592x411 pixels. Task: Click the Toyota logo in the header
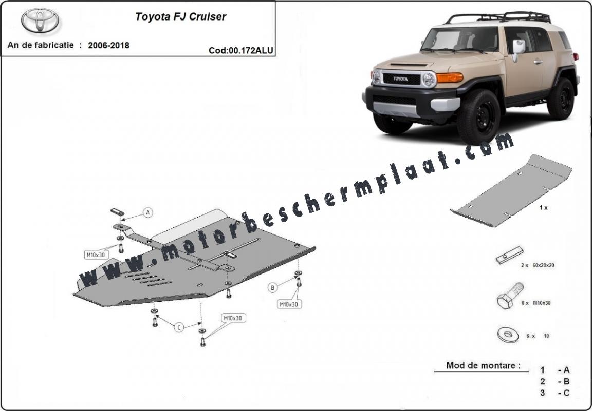tap(40, 20)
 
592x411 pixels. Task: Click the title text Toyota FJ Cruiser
tap(180, 17)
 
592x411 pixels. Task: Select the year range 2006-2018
tap(109, 45)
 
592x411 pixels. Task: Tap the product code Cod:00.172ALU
tap(241, 50)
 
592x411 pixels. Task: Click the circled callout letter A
tap(148, 212)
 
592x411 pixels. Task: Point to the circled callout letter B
tap(272, 288)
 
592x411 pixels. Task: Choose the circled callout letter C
tap(179, 327)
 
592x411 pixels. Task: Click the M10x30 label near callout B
tap(289, 304)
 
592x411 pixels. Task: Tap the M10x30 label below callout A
tap(96, 255)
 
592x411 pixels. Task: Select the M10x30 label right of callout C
tap(233, 318)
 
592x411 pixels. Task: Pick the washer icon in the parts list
tap(508, 335)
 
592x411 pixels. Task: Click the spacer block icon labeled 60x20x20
tap(510, 255)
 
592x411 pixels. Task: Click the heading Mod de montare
tap(483, 365)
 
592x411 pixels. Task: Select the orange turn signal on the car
tap(450, 77)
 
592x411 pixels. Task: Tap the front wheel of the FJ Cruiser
tap(479, 117)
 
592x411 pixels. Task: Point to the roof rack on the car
tap(498, 17)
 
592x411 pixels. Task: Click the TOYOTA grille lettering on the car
tap(401, 79)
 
